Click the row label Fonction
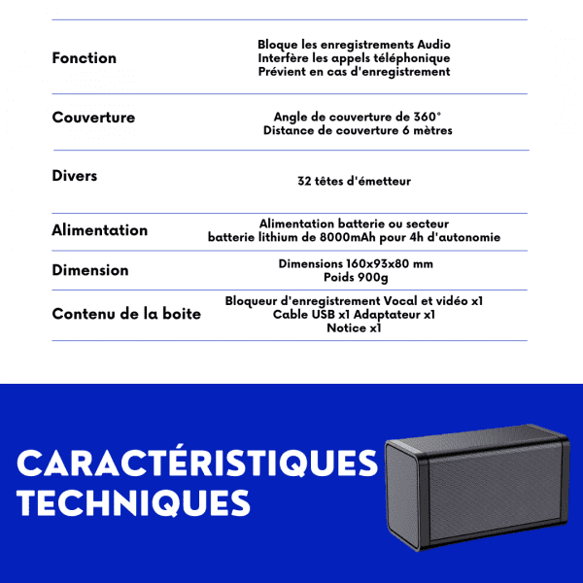(84, 58)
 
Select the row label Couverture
(93, 118)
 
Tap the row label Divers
(75, 177)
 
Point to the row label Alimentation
(99, 230)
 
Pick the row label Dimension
(89, 270)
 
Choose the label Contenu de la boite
(126, 313)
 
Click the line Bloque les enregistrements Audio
(354, 45)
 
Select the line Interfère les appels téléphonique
(354, 58)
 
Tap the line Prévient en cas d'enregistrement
(354, 71)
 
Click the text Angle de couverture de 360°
(358, 117)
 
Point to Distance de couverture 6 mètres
(358, 130)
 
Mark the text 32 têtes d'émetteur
(354, 181)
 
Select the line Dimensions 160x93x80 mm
(356, 263)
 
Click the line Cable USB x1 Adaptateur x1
(354, 314)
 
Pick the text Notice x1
(354, 327)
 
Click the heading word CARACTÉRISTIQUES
(197, 463)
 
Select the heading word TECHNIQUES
(133, 503)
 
